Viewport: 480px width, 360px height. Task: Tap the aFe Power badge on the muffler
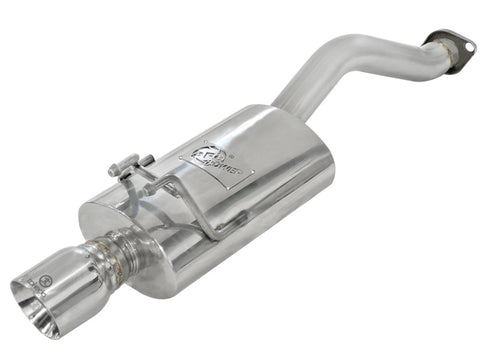coord(216,159)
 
